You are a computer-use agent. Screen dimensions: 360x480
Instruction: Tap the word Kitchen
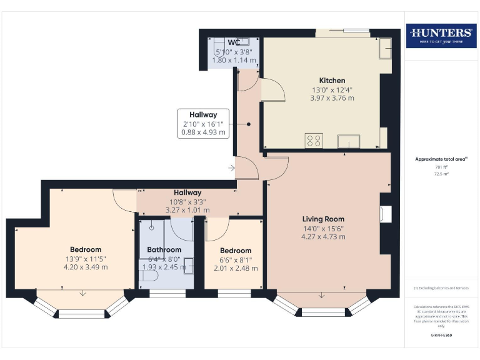332,81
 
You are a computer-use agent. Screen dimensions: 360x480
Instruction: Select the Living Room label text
323,219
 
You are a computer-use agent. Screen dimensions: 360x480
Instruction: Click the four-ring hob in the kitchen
314,141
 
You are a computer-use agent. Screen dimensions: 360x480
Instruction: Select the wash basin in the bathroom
189,265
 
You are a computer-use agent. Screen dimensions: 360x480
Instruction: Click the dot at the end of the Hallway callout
249,124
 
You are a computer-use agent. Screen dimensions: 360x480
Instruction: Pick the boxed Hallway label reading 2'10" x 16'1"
203,123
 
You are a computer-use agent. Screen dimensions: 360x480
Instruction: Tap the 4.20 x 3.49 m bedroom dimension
86,267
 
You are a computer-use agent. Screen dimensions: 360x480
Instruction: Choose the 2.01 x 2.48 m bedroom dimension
236,269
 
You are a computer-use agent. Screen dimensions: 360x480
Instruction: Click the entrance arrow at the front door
231,167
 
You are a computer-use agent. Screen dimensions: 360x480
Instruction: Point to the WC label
235,42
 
